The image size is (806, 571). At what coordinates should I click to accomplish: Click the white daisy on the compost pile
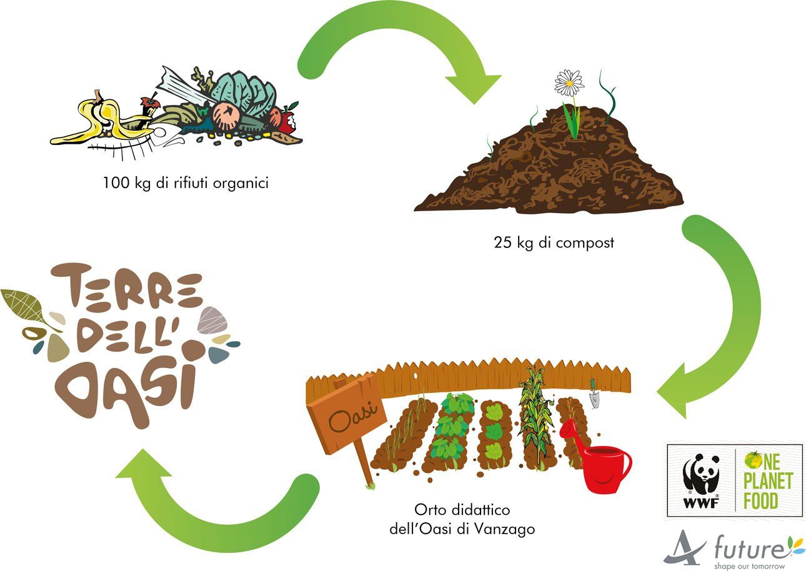569,82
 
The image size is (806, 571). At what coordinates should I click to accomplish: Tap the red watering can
603,465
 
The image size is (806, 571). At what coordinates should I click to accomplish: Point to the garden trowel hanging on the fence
594,394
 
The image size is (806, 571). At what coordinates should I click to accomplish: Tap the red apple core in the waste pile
287,119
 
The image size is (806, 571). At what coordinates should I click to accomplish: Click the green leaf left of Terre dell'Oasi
25,303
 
